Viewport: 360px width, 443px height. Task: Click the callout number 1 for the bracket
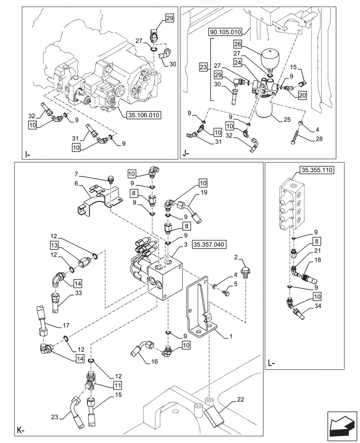pos(229,336)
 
